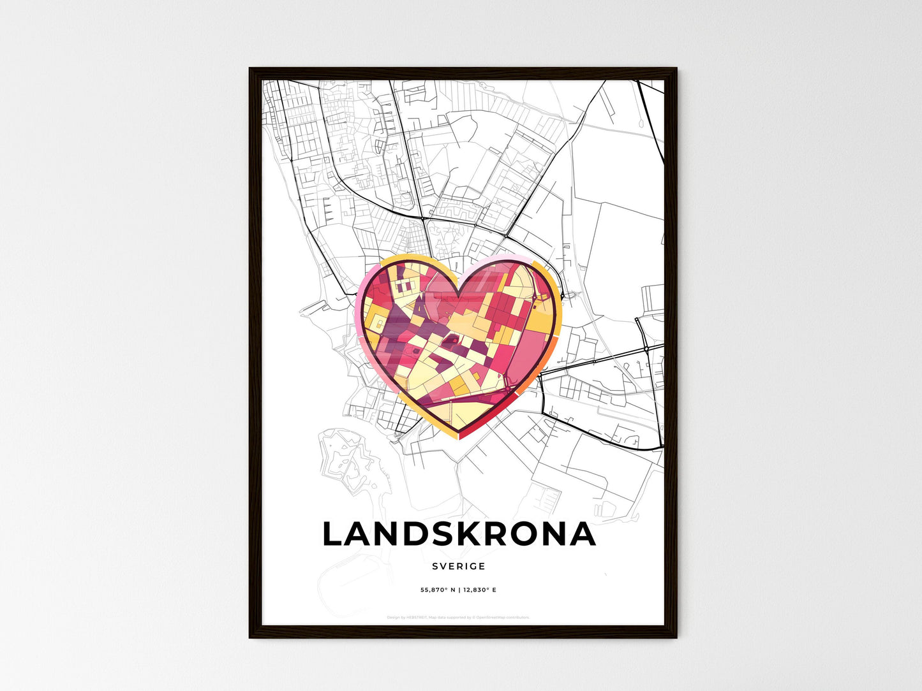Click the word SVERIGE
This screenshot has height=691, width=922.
tap(458, 566)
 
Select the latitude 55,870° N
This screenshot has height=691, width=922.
tap(438, 590)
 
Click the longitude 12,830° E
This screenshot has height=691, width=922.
tap(479, 590)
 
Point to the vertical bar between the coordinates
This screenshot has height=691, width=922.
tap(459, 590)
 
